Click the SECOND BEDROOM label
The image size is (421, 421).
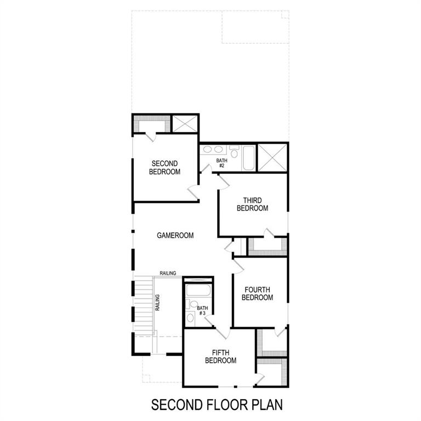(166, 167)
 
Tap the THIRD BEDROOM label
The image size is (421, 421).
(252, 204)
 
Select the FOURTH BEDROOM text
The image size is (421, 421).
(258, 293)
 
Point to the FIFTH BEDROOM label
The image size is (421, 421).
(220, 356)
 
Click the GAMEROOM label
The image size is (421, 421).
(175, 236)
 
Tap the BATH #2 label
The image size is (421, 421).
(221, 163)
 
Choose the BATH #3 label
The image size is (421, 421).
(203, 310)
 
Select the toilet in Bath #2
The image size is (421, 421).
(234, 151)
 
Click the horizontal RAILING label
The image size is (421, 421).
(168, 273)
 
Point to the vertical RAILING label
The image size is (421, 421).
(157, 303)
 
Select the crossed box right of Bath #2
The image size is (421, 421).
(272, 157)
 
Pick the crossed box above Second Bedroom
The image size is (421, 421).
(185, 123)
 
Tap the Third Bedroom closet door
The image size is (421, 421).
(269, 234)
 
